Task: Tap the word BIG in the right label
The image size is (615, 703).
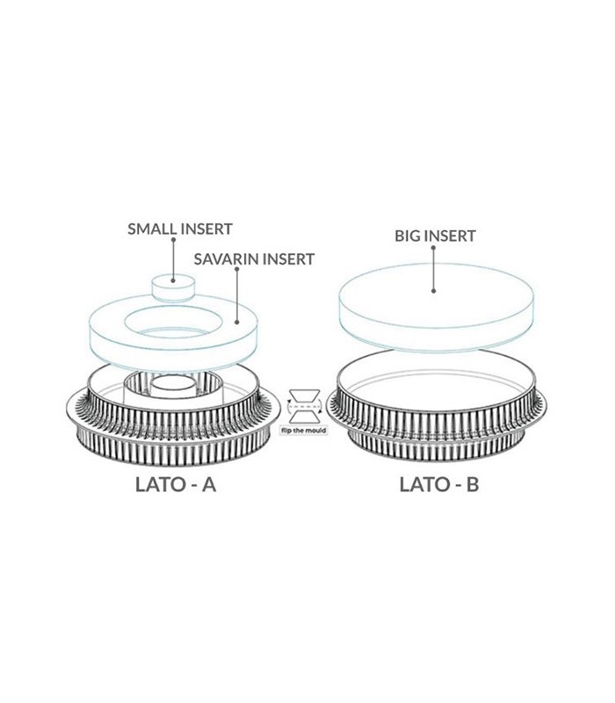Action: click(x=406, y=236)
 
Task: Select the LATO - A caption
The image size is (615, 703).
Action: click(x=177, y=485)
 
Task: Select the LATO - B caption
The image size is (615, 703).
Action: click(x=438, y=485)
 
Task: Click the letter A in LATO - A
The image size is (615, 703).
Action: click(x=208, y=485)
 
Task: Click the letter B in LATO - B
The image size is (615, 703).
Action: click(x=472, y=485)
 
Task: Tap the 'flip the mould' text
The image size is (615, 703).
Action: click(x=303, y=431)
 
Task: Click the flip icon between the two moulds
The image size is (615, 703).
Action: click(x=304, y=406)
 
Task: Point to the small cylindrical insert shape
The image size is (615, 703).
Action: click(x=173, y=288)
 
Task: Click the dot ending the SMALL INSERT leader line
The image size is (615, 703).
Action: click(x=173, y=280)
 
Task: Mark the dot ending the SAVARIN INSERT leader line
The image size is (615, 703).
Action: click(x=237, y=322)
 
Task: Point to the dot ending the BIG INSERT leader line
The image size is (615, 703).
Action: click(x=433, y=291)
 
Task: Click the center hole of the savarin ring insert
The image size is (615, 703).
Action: click(x=172, y=323)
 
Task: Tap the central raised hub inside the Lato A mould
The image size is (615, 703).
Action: click(x=172, y=387)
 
